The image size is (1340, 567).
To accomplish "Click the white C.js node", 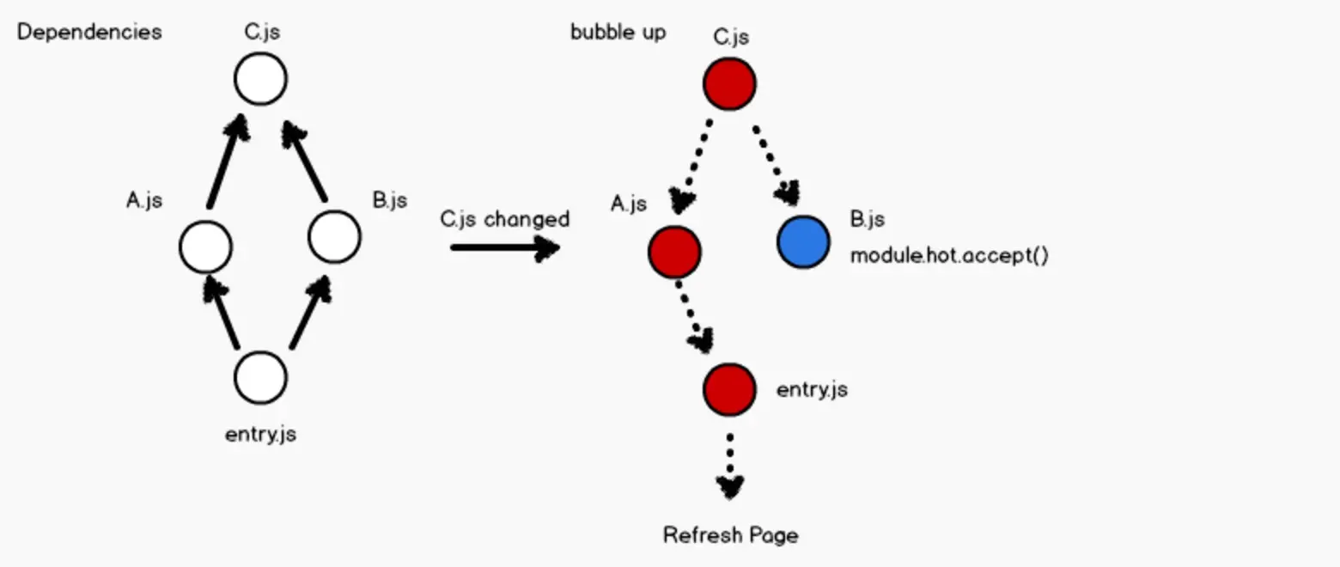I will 260,79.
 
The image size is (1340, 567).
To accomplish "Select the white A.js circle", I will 205,247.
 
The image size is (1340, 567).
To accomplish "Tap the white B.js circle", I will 334,236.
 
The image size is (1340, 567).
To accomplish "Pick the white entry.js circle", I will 260,378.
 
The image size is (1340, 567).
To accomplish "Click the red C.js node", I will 729,83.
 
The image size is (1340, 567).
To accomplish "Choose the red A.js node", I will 674,253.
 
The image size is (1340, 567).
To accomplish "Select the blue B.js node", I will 803,242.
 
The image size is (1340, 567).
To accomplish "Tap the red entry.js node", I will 729,388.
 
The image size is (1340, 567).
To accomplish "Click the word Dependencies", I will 89,32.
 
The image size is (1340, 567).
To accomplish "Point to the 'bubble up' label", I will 618,32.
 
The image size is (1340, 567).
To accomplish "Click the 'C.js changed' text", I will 505,219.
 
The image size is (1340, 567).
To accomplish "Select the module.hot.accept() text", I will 949,256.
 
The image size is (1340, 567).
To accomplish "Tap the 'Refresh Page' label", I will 730,535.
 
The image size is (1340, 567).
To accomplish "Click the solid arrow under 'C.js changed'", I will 505,248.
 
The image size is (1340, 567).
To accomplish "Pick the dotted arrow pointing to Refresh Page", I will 730,465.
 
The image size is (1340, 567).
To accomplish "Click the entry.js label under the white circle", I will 260,434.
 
